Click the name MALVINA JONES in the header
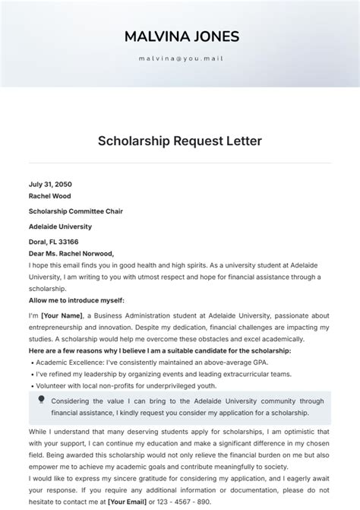point(180,36)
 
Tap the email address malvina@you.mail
point(180,58)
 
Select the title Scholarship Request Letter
point(180,141)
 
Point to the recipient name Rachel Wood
point(49,195)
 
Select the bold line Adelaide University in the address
point(60,226)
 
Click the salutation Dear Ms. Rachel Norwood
point(71,253)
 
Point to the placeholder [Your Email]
point(128,502)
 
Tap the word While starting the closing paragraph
point(39,431)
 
